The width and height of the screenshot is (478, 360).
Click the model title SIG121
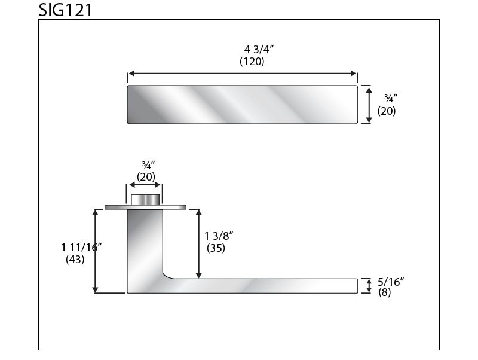(x=66, y=10)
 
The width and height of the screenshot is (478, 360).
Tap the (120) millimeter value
(x=252, y=62)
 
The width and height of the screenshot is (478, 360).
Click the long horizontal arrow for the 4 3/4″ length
(x=243, y=74)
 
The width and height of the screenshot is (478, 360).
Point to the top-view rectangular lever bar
(x=243, y=105)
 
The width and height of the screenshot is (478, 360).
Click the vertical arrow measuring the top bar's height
(x=369, y=105)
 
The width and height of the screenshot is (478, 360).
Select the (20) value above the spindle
(x=146, y=176)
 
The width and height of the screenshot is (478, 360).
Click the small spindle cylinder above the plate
(x=146, y=200)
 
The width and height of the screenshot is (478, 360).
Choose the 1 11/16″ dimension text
(x=81, y=247)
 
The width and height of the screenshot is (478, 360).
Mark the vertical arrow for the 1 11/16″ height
(x=95, y=251)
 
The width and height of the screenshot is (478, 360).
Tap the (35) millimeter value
(x=216, y=248)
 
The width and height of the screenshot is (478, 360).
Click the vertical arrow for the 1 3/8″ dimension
(x=199, y=244)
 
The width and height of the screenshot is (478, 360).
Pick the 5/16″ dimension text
(x=392, y=281)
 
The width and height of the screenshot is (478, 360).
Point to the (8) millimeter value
(x=385, y=292)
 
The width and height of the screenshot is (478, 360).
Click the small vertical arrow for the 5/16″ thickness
(x=369, y=286)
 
